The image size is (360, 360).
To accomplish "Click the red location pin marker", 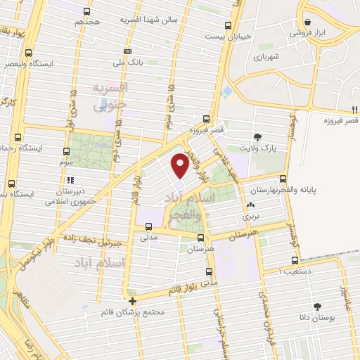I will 179,165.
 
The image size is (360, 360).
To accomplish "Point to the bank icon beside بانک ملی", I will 127,51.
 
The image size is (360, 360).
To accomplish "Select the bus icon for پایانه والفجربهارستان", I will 283,179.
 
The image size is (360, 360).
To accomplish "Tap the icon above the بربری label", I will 250,206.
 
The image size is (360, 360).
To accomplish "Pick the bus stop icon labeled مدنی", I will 148,226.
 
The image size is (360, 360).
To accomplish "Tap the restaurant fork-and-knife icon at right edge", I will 352,109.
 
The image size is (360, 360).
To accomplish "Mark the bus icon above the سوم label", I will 67,151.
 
